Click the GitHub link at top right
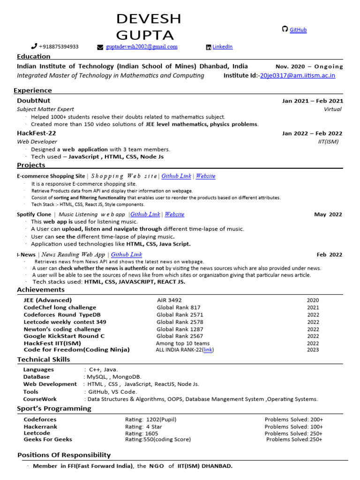tap(298, 30)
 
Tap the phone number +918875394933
tap(59, 47)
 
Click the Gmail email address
tap(141, 47)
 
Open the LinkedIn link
tap(222, 47)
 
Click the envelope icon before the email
tap(100, 47)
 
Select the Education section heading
tap(33, 57)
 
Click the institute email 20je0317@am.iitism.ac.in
tap(298, 75)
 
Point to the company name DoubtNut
tap(33, 101)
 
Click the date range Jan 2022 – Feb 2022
tap(312, 134)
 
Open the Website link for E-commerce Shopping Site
tap(205, 176)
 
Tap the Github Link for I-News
tap(126, 255)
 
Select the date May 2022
tap(328, 215)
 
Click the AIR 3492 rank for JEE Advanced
tap(169, 300)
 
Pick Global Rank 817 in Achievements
tap(179, 307)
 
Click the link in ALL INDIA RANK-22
tap(208, 350)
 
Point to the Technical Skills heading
tap(44, 360)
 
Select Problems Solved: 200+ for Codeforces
tap(293, 420)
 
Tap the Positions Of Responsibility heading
tap(64, 455)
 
